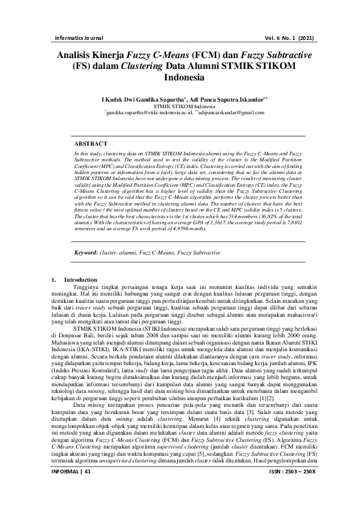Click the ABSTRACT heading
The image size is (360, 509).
[91, 144]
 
